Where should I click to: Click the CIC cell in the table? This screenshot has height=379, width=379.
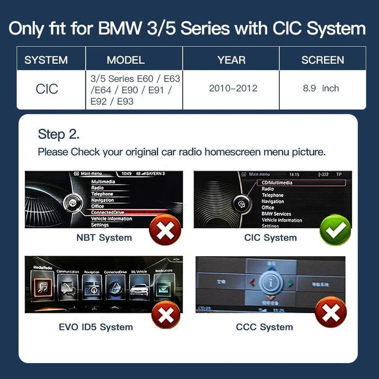pos(47,88)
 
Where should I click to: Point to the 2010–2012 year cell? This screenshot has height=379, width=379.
pos(233,88)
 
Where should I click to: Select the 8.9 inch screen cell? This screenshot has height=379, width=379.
pos(321,88)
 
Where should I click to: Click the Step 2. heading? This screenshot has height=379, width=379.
pos(58,134)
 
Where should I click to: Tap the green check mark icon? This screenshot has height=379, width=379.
pos(334,230)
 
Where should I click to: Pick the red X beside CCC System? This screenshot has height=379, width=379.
pos(331,312)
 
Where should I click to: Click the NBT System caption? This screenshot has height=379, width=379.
pos(104,238)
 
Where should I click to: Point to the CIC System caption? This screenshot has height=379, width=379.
pos(270,238)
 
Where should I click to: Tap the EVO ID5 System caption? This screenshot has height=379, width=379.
pos(96,327)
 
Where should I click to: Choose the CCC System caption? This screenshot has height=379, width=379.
pos(264,327)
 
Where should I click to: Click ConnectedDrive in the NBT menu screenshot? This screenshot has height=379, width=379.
pos(108,212)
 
